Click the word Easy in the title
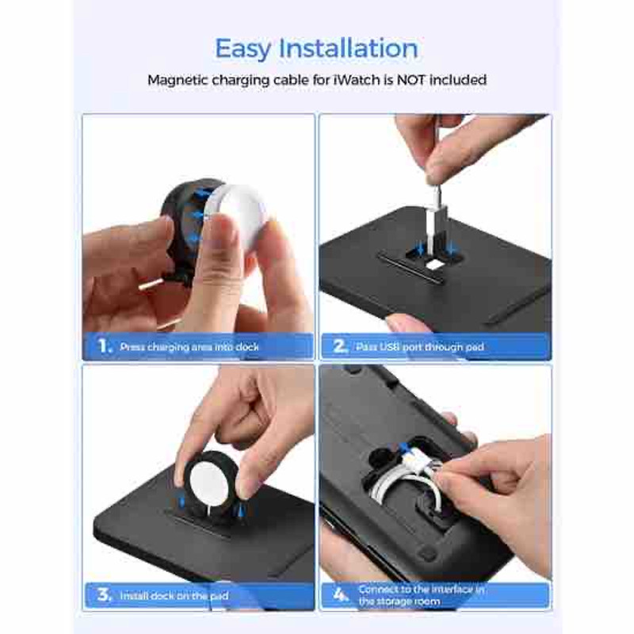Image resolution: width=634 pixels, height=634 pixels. (243, 49)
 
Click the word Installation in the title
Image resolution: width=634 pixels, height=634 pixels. (349, 48)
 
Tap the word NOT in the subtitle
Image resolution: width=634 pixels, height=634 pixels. (411, 80)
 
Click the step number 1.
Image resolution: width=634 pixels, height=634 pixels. (104, 346)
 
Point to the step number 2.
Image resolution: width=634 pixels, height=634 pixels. (340, 346)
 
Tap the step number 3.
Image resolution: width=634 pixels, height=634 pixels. (104, 595)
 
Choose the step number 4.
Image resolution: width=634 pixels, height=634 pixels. (341, 595)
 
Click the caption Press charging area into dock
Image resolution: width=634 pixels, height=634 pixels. (189, 347)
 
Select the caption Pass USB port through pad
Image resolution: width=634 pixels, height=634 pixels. (420, 347)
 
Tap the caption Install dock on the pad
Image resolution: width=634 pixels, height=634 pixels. (174, 596)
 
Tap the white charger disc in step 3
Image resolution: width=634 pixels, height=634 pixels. (209, 483)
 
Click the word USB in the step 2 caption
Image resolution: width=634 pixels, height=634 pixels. (390, 347)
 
